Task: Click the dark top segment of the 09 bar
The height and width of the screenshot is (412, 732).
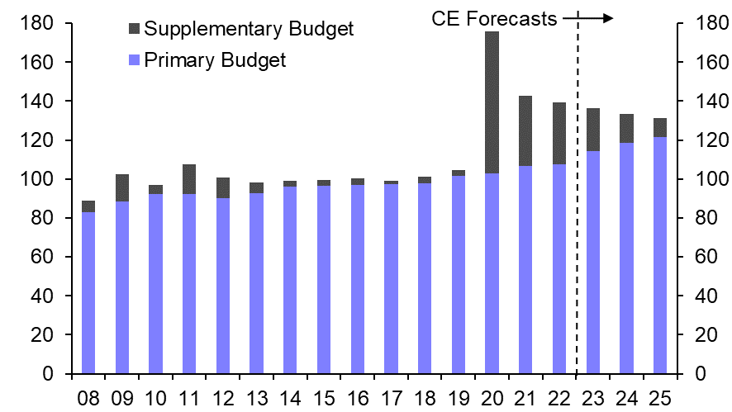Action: [x=122, y=187]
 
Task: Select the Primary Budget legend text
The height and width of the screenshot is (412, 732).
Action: [x=215, y=59]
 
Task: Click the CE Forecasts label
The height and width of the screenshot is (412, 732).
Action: [x=495, y=18]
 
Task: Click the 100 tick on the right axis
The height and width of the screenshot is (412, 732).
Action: [x=701, y=179]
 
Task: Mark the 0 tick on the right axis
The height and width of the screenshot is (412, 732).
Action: [x=691, y=374]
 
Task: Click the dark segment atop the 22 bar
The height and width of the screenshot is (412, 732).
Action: [x=559, y=133]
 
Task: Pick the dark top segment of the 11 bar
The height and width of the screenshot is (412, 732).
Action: [x=189, y=179]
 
